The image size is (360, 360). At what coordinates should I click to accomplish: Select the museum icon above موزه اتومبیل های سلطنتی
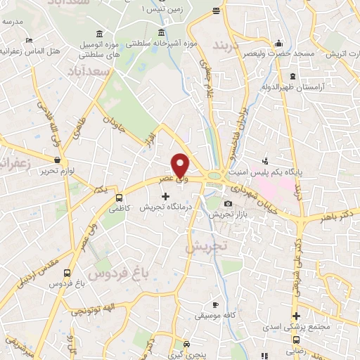[98, 34]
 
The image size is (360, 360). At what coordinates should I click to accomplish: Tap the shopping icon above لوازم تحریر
[56, 160]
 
